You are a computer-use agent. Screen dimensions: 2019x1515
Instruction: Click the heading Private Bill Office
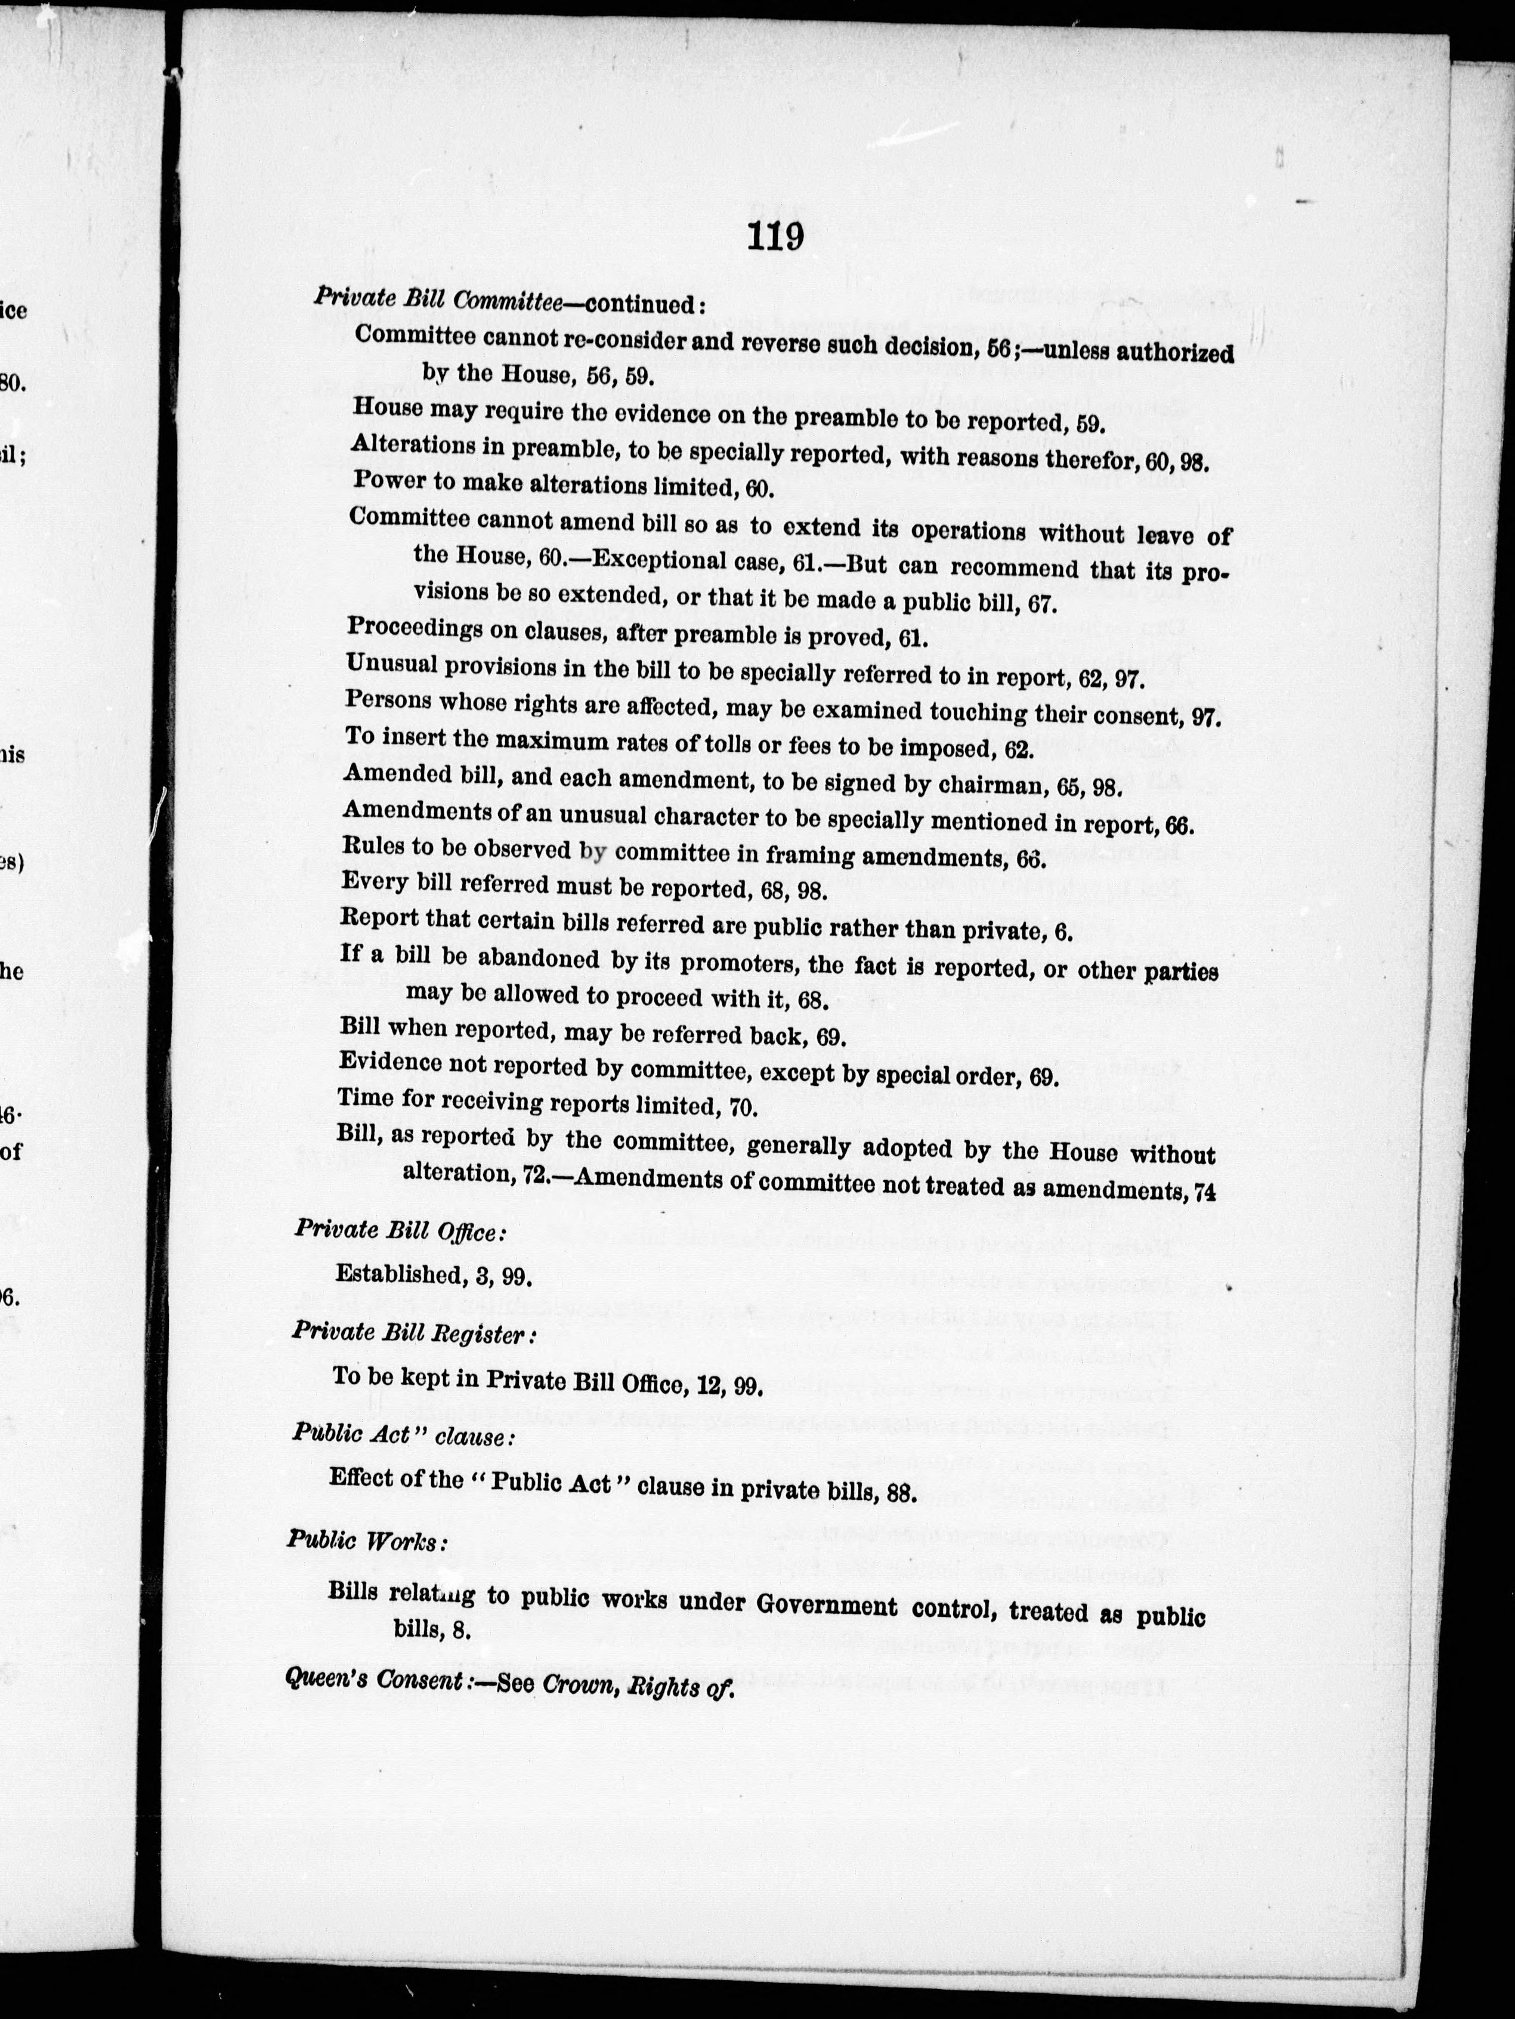pos(398,1230)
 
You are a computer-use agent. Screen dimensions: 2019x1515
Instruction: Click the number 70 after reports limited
pos(744,1109)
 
